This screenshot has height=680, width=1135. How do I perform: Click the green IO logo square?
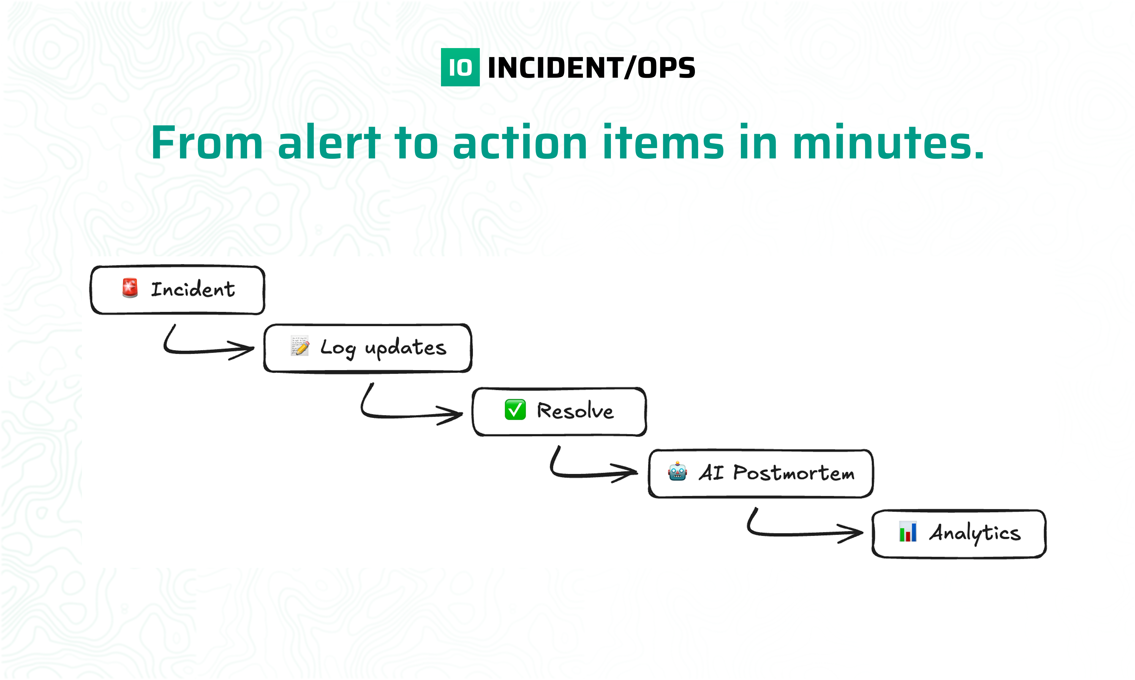pos(460,67)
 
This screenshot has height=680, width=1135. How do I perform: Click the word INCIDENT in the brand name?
pos(554,68)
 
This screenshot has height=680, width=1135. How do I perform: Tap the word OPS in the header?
pos(666,68)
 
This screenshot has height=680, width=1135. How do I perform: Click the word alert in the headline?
pos(329,143)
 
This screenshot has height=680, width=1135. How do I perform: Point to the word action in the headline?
pos(520,143)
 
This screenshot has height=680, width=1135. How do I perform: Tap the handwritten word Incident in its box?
pos(193,290)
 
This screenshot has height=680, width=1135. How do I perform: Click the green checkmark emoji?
pos(515,409)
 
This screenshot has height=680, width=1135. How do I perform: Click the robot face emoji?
pos(677,471)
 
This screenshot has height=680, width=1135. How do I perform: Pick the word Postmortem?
pos(793,473)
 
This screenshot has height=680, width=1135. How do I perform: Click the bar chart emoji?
pos(908,532)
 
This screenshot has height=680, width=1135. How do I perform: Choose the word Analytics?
pos(975,533)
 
